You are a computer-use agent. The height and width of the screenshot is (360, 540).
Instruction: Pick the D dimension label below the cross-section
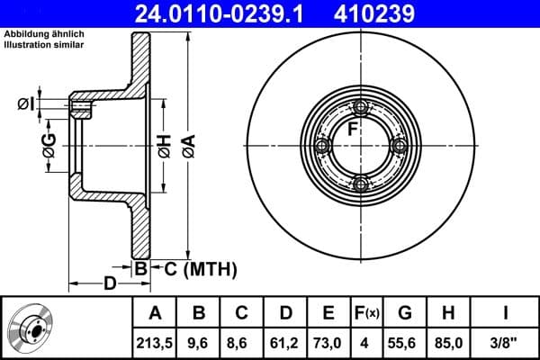pos(109,284)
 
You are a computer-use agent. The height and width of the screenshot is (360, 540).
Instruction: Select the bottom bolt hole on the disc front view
pos(361,184)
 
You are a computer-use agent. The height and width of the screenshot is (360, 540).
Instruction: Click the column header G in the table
pos(405,313)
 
